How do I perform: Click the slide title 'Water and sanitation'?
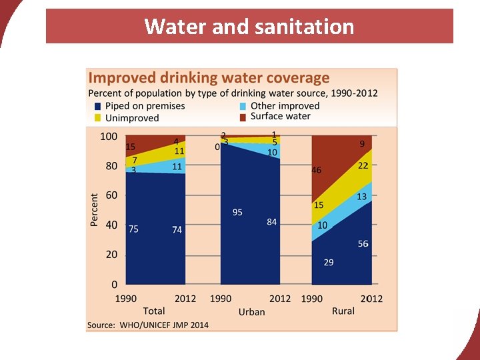249,27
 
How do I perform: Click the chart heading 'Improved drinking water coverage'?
209,78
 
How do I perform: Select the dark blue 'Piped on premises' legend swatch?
99,106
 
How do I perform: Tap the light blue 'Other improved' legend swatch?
243,106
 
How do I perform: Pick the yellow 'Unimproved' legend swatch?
99,118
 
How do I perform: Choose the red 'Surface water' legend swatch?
243,117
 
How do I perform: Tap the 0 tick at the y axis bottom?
115,284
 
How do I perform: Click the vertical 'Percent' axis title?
95,210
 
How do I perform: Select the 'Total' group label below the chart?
154,311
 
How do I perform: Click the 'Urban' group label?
251,311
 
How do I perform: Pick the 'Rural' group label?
343,311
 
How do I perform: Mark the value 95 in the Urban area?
237,212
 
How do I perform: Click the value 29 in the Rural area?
329,263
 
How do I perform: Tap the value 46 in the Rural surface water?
316,170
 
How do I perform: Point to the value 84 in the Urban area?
271,222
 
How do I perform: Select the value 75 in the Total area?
133,229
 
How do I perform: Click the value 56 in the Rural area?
363,244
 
